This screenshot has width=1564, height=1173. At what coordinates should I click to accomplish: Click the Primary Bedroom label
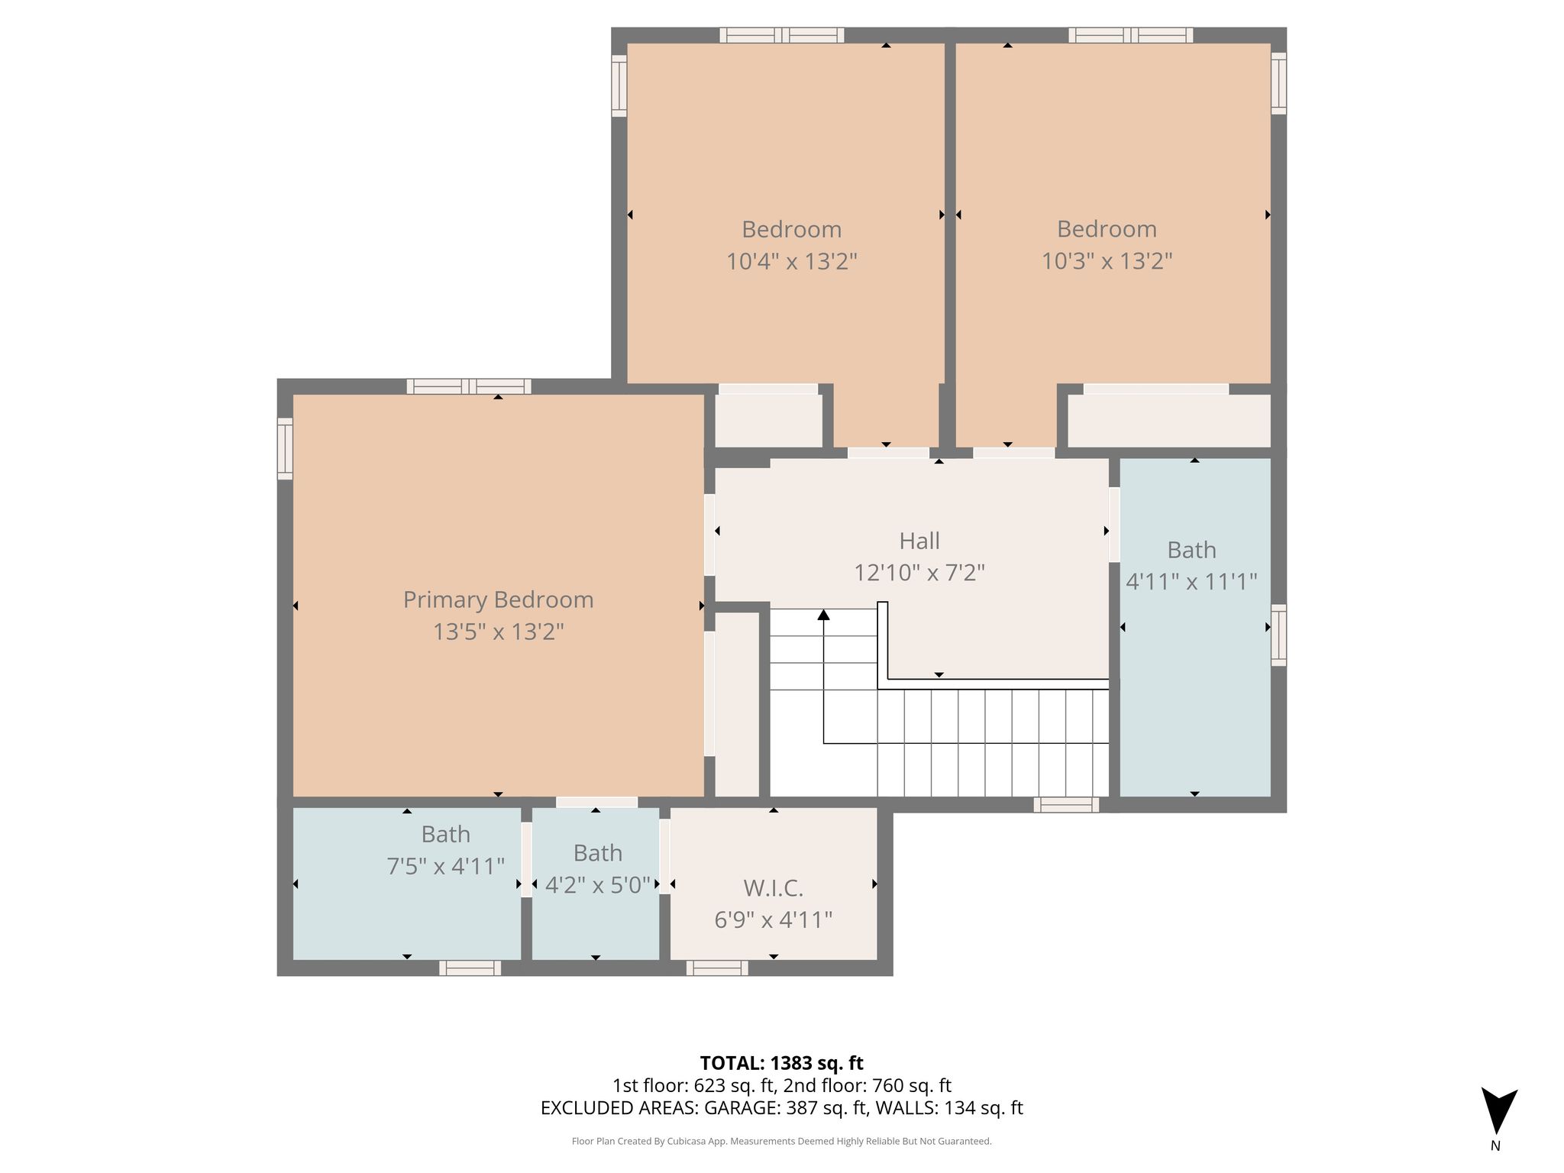click(x=498, y=599)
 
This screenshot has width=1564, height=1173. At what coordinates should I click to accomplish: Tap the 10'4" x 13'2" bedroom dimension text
click(x=791, y=261)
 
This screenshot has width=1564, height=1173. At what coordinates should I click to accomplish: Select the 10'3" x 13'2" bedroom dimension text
click(x=1107, y=261)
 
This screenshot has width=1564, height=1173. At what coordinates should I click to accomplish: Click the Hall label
click(x=919, y=541)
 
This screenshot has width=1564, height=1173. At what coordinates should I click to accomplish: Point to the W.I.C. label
click(x=773, y=888)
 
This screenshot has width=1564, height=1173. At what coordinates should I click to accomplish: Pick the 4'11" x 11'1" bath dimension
click(x=1191, y=582)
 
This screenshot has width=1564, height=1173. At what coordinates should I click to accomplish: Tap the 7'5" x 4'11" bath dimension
click(x=445, y=866)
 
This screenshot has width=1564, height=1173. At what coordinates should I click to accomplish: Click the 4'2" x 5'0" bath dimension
click(x=597, y=885)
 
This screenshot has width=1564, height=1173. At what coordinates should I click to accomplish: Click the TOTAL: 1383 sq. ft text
click(x=781, y=1063)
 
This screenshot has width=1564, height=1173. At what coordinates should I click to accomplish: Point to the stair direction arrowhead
click(x=823, y=614)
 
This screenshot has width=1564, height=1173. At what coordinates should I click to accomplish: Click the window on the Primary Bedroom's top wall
click(x=469, y=386)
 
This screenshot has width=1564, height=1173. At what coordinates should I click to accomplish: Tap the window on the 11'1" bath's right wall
click(x=1278, y=635)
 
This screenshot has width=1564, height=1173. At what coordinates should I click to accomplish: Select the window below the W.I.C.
click(x=717, y=968)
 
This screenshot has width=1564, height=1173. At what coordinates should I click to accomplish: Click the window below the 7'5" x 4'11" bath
click(x=470, y=968)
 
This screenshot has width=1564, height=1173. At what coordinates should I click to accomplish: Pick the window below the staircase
click(x=1066, y=805)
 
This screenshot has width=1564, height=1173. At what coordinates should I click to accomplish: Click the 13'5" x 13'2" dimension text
click(x=498, y=632)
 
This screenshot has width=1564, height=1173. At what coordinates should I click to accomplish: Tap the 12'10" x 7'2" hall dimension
click(x=919, y=573)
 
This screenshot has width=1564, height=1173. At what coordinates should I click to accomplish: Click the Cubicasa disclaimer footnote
click(x=781, y=1142)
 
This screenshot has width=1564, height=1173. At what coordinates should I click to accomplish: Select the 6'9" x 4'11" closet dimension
click(x=773, y=919)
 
